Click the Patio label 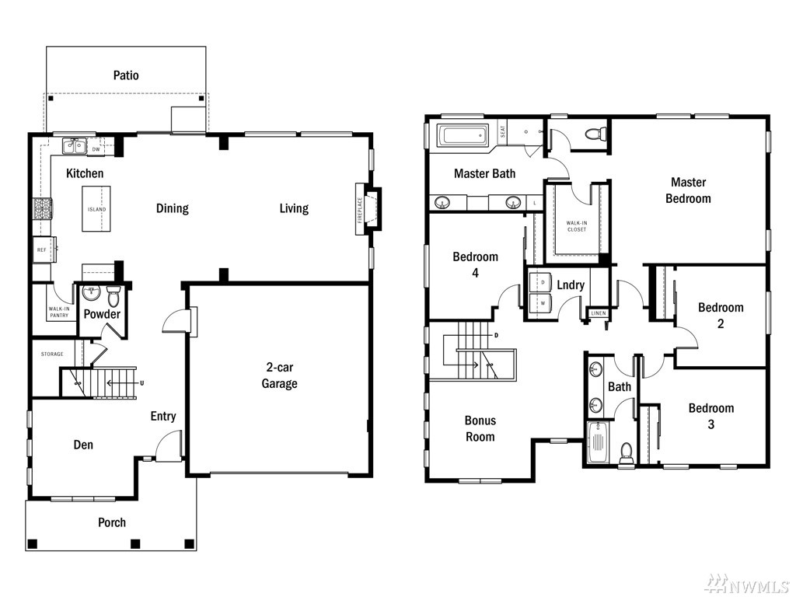tap(126, 75)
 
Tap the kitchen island tap(96, 208)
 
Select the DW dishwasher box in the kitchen tap(96, 149)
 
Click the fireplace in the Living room tap(368, 208)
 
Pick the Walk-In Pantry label tap(59, 312)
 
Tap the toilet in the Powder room tap(113, 295)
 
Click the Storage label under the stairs tap(52, 354)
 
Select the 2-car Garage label tap(279, 375)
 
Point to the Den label tap(83, 445)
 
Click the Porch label tap(112, 522)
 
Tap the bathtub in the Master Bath tap(462, 136)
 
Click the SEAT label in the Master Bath tap(503, 132)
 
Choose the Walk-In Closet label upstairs tap(577, 226)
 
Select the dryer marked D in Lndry tap(541, 281)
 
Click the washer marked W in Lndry tap(541, 303)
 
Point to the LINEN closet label tap(599, 313)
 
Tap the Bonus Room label tap(480, 428)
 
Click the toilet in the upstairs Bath tap(627, 453)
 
